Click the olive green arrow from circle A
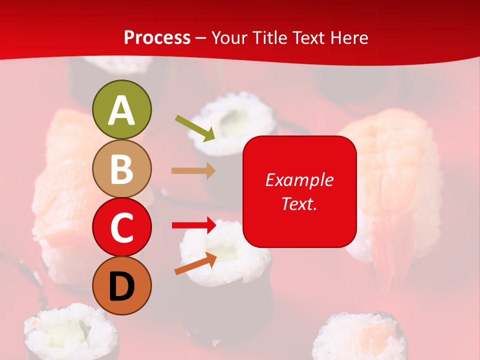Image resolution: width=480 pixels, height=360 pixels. click(x=195, y=127)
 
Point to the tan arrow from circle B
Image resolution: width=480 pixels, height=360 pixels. click(x=193, y=171)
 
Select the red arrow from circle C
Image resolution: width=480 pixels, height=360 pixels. click(x=194, y=225)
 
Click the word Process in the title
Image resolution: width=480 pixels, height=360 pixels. click(x=157, y=38)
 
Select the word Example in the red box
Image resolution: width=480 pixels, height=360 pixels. click(x=299, y=180)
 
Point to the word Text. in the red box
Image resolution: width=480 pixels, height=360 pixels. click(x=299, y=203)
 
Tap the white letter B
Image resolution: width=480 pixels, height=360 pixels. click(x=122, y=169)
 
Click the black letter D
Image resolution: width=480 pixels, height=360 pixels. click(x=122, y=287)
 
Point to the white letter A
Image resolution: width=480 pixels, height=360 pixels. click(x=122, y=110)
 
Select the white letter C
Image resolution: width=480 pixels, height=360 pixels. click(x=122, y=228)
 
